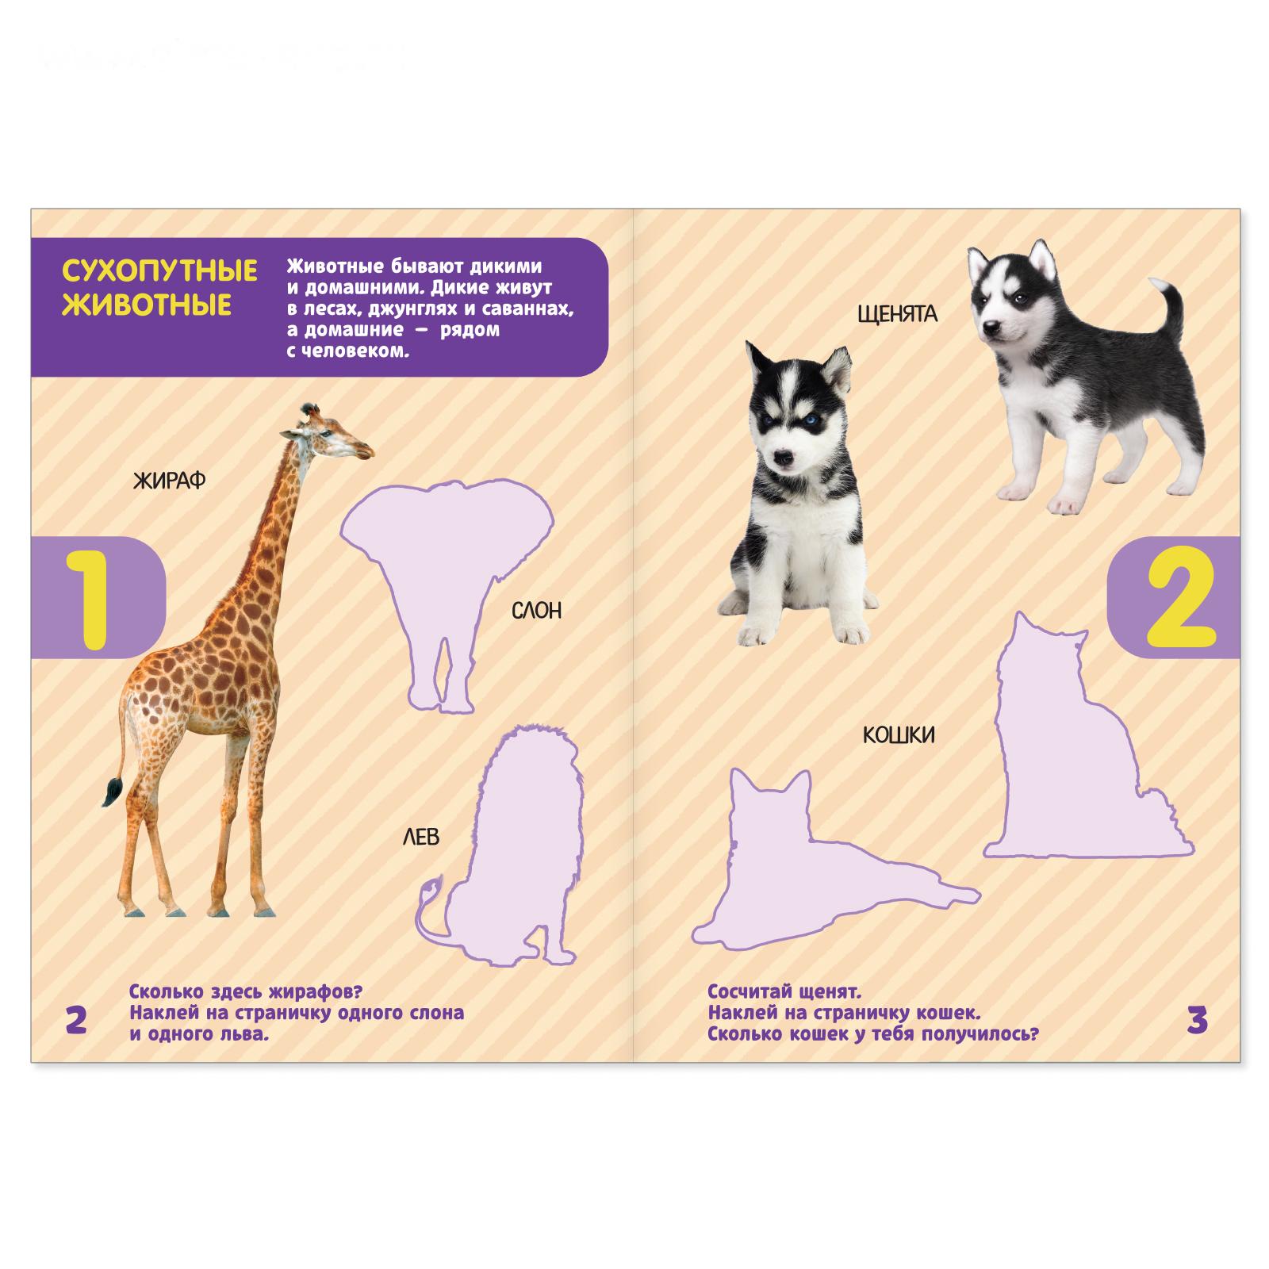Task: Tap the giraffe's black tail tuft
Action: pos(112,792)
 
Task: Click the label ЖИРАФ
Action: pos(169,480)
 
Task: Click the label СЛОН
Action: pos(536,611)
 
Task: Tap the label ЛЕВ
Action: pos(420,837)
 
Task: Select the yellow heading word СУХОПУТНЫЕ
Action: pos(159,271)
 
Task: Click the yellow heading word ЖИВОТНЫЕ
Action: pos(147,305)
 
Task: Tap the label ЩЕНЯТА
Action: pos(897,315)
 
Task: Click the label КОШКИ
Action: pos(899,735)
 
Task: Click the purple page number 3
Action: pos(1197,1020)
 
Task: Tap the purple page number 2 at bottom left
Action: pos(75,1020)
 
